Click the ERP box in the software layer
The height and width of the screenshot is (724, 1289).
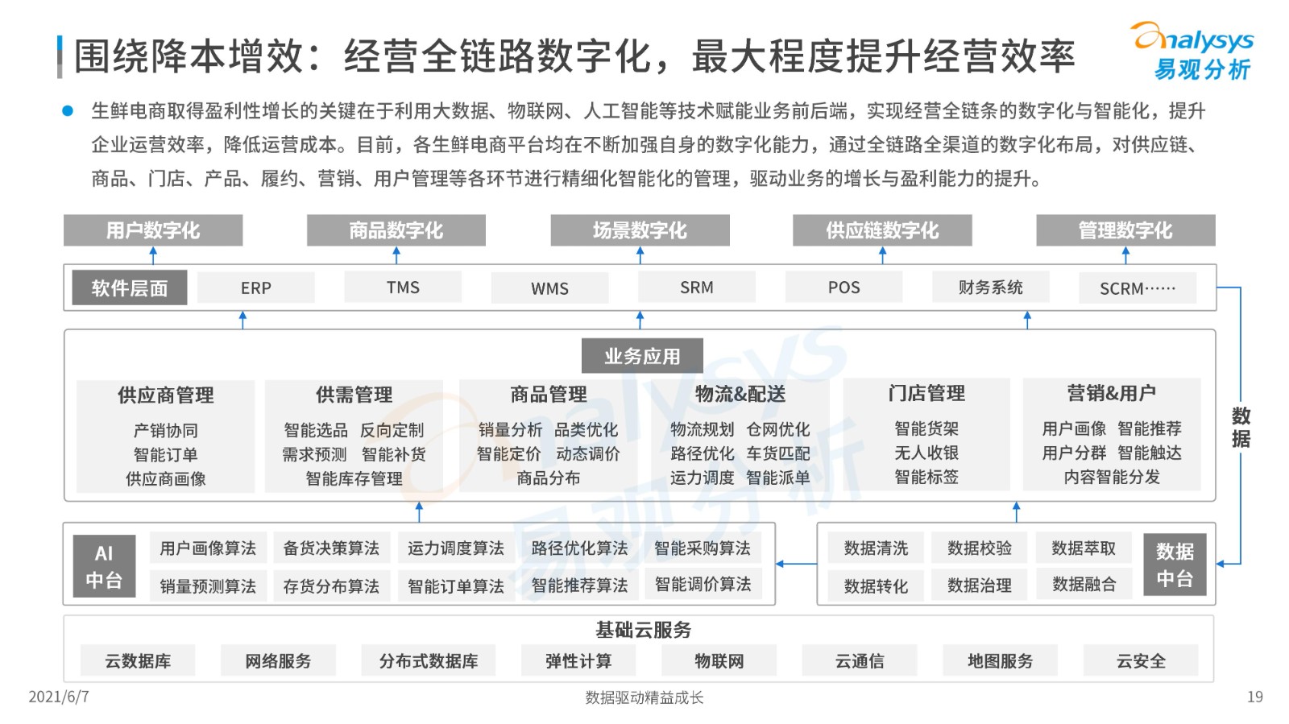(x=255, y=287)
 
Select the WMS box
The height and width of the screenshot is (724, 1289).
(x=549, y=288)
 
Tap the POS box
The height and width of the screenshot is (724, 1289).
(x=843, y=287)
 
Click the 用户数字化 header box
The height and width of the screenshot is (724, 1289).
(x=153, y=230)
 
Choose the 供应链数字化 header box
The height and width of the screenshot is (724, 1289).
(x=882, y=230)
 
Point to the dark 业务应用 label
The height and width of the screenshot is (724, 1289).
(x=642, y=356)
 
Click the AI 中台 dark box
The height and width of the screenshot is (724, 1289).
(x=104, y=566)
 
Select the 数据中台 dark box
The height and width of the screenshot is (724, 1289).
(x=1175, y=564)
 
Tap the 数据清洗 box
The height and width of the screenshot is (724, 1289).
(x=876, y=548)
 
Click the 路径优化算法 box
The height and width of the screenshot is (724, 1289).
(x=579, y=548)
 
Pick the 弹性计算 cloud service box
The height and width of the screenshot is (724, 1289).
(x=578, y=660)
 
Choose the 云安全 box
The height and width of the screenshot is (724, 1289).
(x=1141, y=660)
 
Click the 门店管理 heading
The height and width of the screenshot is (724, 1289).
(x=926, y=393)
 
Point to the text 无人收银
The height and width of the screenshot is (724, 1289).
(x=926, y=453)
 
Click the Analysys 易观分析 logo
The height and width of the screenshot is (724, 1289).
(x=1195, y=51)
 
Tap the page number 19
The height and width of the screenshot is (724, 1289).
(x=1254, y=697)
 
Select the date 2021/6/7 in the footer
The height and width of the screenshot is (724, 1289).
(x=59, y=697)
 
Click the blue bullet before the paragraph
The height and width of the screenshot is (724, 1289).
(x=68, y=110)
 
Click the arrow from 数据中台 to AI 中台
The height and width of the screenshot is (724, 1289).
(x=797, y=564)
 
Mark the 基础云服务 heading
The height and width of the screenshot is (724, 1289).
(x=643, y=631)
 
